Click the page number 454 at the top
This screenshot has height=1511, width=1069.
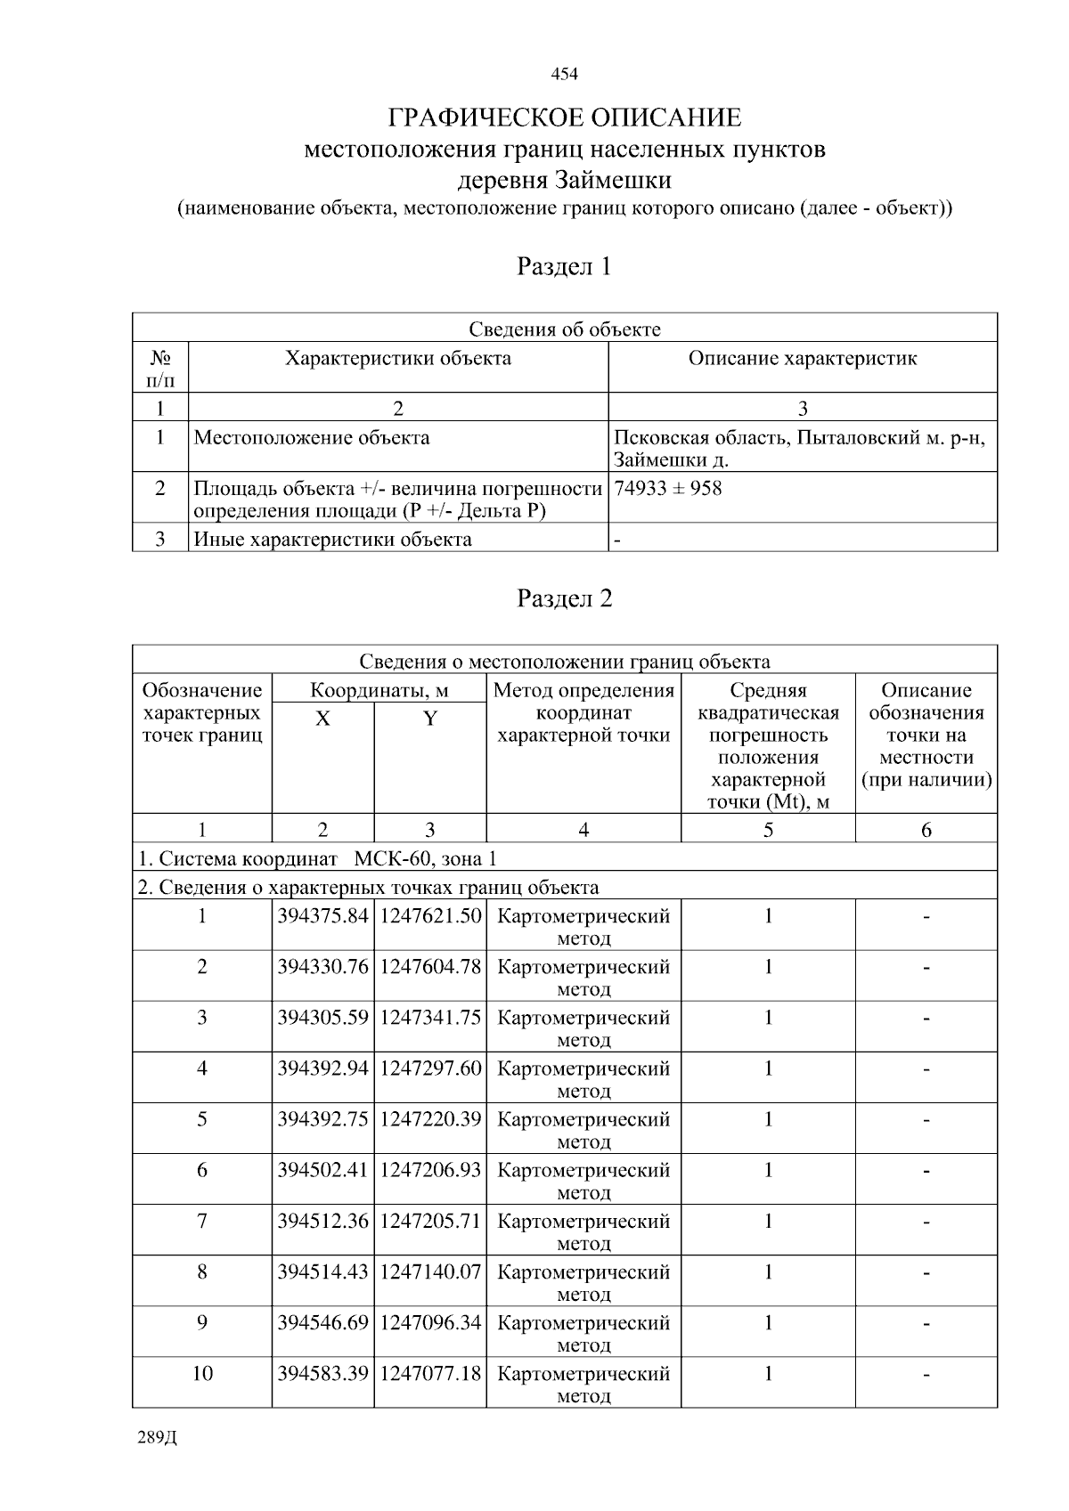click(x=564, y=74)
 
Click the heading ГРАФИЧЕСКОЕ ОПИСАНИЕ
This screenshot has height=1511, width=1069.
click(x=564, y=118)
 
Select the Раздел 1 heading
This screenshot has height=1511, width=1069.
click(x=564, y=266)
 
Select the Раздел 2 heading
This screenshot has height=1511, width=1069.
click(x=564, y=598)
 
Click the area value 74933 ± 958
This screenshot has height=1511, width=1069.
click(x=668, y=488)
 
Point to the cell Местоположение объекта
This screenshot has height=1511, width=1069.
click(x=312, y=437)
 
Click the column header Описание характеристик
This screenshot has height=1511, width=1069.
click(x=802, y=358)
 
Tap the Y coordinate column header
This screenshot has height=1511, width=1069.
click(x=429, y=719)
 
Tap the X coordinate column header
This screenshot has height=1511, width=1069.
click(x=322, y=719)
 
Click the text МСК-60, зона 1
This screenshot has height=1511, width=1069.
click(x=425, y=858)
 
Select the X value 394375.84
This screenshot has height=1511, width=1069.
click(x=322, y=916)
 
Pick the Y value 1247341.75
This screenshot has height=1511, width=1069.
click(x=430, y=1018)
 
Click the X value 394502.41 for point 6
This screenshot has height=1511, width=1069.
click(x=322, y=1170)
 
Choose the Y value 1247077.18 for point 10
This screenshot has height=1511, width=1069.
click(x=430, y=1373)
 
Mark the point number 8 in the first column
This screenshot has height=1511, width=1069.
click(x=202, y=1271)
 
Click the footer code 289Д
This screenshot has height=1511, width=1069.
click(x=158, y=1438)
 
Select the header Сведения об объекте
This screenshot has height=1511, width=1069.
click(x=564, y=329)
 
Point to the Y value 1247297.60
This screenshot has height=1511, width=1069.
click(x=430, y=1068)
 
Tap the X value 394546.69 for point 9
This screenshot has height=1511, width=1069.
click(x=322, y=1322)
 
